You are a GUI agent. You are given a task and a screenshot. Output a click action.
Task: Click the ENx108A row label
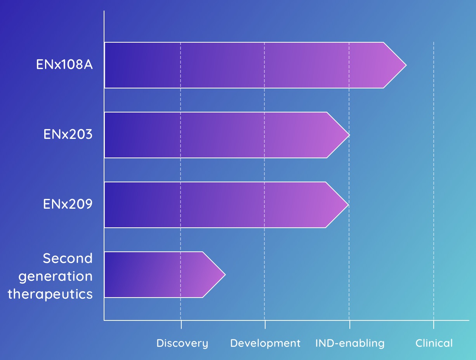(x=64, y=65)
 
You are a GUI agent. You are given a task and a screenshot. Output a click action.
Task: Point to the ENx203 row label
(x=68, y=135)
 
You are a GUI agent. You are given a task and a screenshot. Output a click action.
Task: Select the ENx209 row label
(x=68, y=204)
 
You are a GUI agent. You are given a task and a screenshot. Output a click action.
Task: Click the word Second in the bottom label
(x=68, y=258)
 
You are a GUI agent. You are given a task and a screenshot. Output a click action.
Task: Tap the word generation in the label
(x=56, y=276)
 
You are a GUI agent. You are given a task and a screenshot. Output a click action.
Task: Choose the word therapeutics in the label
(x=50, y=294)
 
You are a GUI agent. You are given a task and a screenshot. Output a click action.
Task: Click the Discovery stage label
(x=182, y=343)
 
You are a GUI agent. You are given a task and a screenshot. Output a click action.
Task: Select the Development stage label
(x=265, y=343)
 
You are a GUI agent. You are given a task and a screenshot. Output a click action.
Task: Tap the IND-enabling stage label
(x=349, y=343)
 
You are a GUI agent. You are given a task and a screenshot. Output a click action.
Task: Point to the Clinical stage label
(x=434, y=343)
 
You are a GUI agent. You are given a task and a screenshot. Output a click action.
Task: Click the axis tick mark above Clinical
(x=434, y=324)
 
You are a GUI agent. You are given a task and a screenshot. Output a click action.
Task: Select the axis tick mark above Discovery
(x=181, y=324)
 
